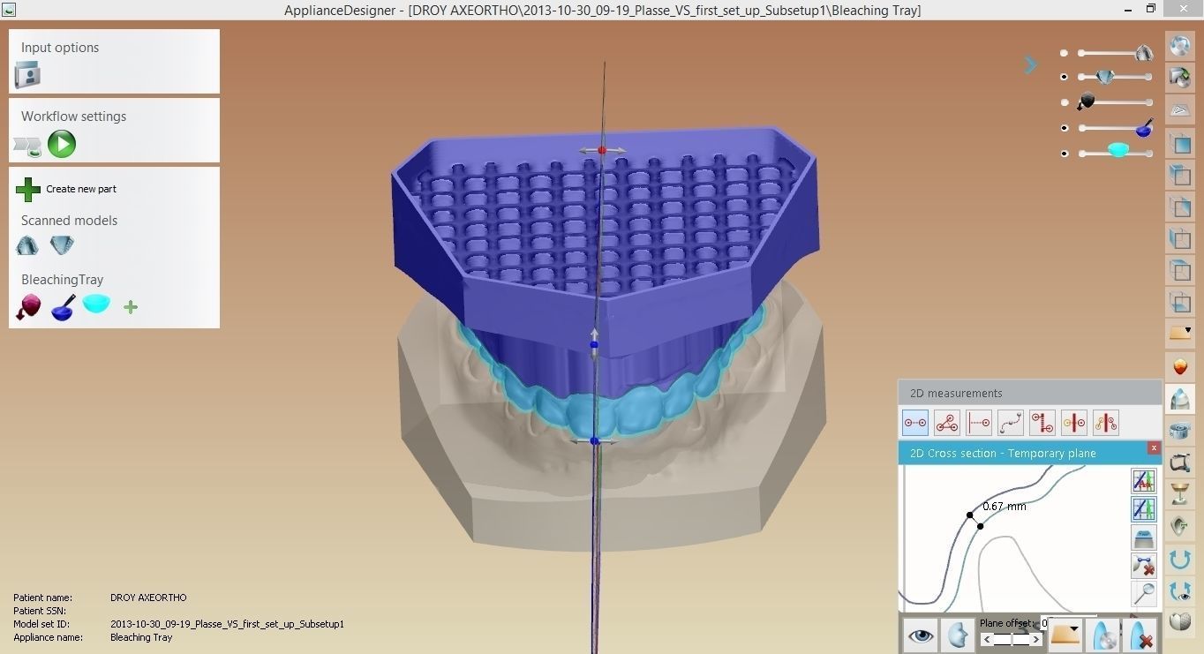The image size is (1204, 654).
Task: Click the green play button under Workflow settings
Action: [x=62, y=144]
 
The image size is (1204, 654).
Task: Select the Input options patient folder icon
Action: [x=27, y=76]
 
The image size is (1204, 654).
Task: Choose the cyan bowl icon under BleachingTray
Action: [x=96, y=304]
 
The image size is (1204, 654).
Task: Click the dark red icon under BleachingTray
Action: [x=28, y=307]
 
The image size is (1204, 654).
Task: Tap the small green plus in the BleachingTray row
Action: [x=131, y=307]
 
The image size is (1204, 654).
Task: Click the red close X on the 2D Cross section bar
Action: [x=1153, y=448]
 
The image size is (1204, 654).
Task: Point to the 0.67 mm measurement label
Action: [x=1005, y=507]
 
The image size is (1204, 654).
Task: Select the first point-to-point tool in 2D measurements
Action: [x=915, y=423]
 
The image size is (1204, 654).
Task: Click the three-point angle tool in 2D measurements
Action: [x=947, y=423]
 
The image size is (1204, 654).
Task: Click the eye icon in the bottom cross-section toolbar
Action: [x=921, y=635]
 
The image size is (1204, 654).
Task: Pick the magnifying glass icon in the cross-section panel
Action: [x=1143, y=593]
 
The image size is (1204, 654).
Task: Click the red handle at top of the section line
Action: [x=602, y=150]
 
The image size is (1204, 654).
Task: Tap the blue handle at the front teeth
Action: [x=594, y=440]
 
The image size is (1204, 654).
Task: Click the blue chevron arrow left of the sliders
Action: [x=1030, y=65]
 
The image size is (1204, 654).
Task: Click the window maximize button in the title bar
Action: [x=1150, y=9]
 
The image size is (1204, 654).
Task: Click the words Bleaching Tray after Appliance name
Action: [x=141, y=637]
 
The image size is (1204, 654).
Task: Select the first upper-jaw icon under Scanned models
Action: [x=28, y=245]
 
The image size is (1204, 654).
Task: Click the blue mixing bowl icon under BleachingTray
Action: [x=63, y=307]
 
